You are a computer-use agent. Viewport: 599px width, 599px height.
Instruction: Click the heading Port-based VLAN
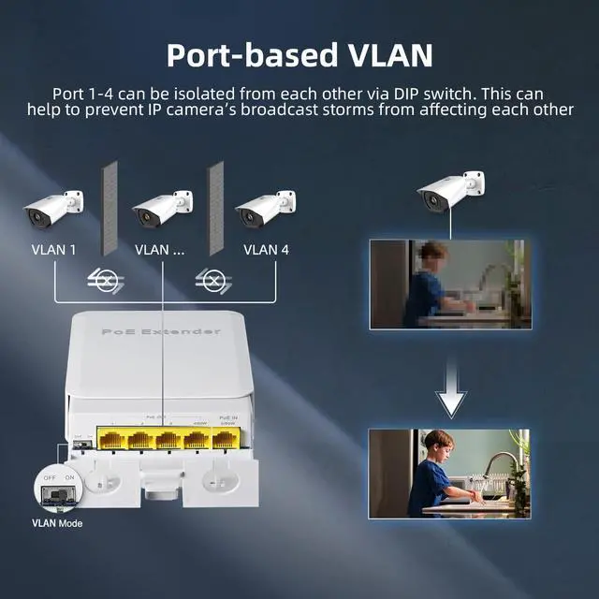pos(299,54)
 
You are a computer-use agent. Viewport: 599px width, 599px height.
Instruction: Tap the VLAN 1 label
pos(53,250)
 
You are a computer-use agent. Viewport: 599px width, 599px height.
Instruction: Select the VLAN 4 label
pos(266,250)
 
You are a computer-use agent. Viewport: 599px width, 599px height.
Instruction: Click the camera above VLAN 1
pos(53,208)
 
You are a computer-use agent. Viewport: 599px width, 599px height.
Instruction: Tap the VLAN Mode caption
pos(57,523)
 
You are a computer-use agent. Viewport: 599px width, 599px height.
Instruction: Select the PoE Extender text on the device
pos(161,332)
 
